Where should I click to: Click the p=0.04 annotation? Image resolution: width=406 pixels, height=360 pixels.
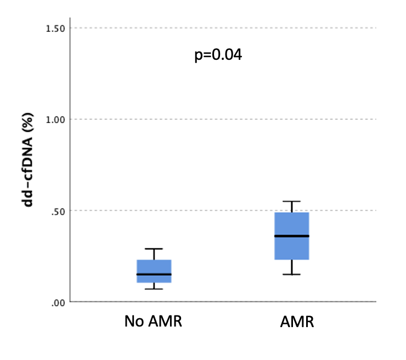[218, 55]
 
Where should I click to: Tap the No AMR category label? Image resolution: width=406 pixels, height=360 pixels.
[153, 322]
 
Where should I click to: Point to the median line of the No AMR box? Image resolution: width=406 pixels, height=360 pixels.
[154, 274]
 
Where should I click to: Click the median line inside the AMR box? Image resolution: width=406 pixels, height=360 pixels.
[292, 236]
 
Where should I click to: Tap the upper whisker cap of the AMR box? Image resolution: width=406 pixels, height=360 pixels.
[292, 201]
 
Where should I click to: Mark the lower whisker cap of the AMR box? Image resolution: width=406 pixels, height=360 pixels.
[292, 274]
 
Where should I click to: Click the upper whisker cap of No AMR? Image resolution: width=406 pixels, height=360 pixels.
[154, 249]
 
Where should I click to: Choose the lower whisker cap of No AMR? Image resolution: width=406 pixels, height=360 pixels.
[154, 289]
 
